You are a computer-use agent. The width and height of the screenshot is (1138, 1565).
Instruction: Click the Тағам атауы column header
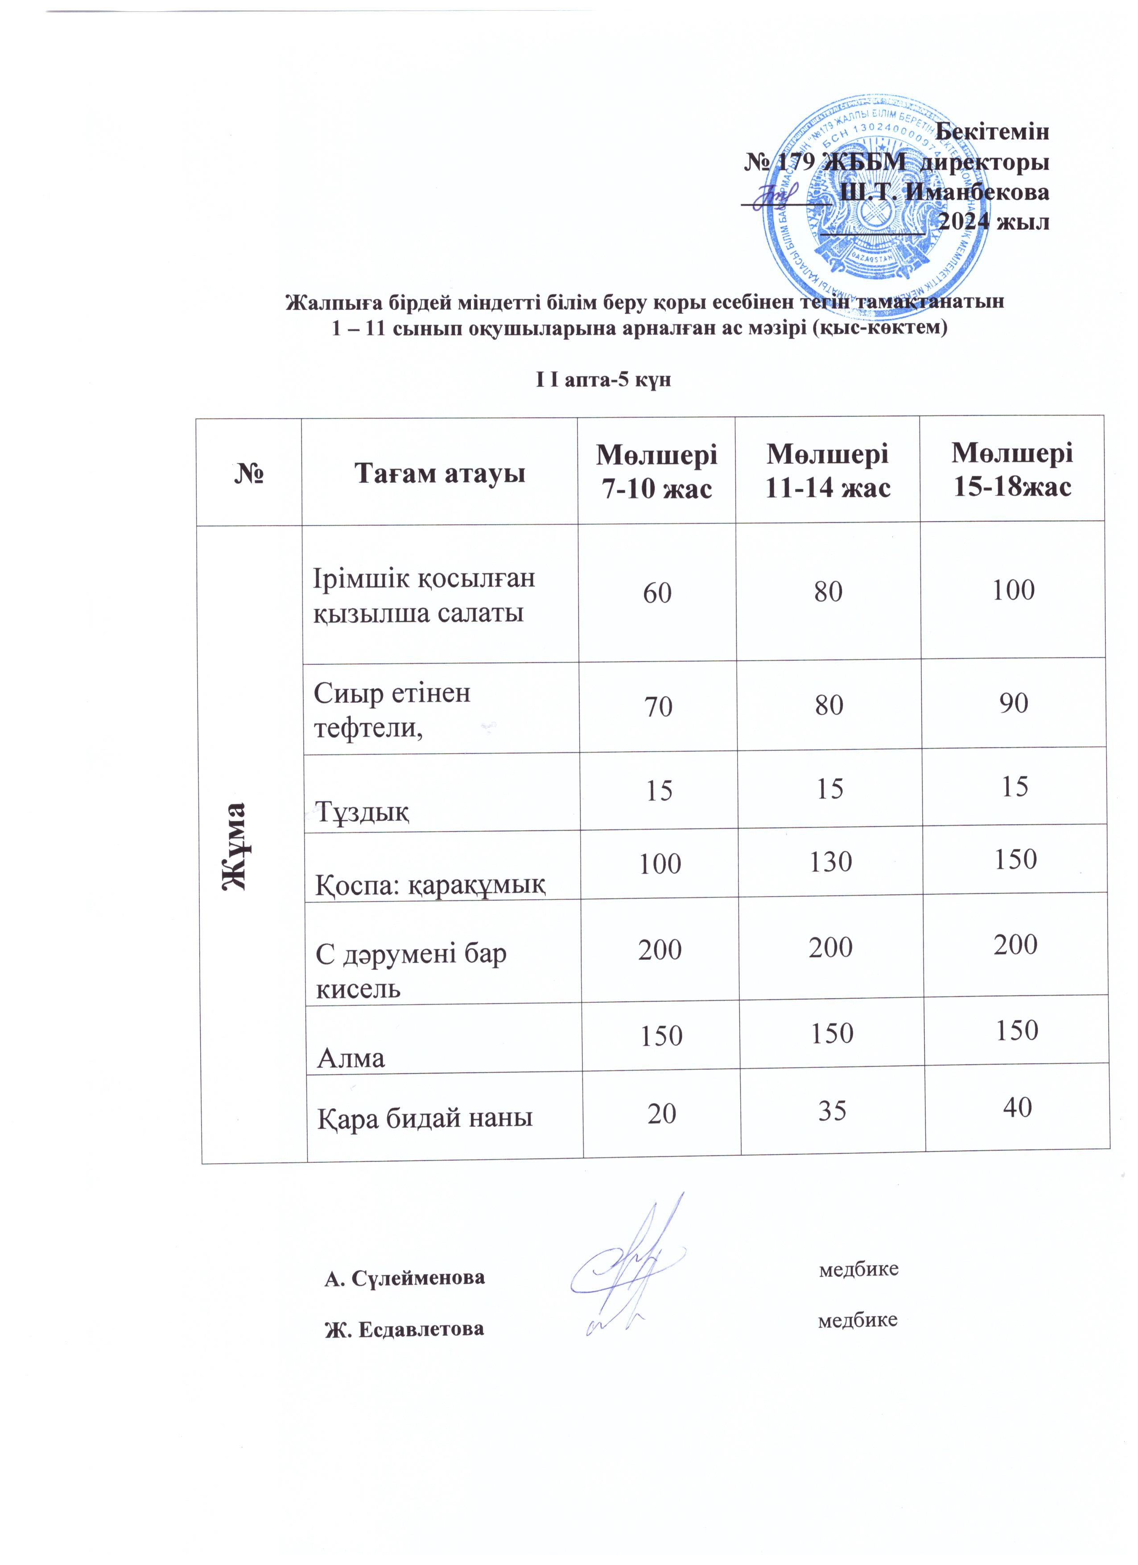pos(440,474)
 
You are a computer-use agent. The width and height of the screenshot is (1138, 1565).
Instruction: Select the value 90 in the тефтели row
pos(1014,702)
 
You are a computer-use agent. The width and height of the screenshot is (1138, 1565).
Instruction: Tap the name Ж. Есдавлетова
pos(404,1329)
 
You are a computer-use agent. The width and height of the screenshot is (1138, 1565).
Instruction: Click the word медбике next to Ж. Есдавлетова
pos(857,1321)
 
